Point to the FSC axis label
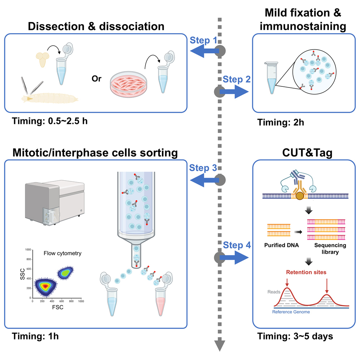[57, 309]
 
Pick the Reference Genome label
[291, 312]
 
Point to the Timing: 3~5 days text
[295, 336]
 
